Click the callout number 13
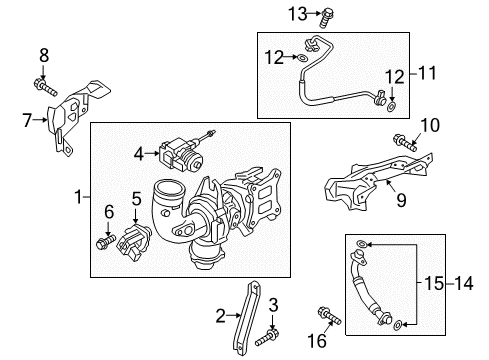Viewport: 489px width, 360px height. click(x=297, y=14)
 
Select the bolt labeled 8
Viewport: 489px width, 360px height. click(x=45, y=87)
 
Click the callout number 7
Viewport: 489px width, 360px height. click(x=27, y=120)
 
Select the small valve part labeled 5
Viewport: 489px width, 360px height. click(x=133, y=241)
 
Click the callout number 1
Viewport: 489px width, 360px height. click(x=78, y=197)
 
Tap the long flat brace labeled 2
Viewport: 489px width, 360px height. click(x=247, y=318)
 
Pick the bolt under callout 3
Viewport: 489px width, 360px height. click(x=267, y=337)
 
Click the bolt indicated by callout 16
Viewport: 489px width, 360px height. click(x=329, y=315)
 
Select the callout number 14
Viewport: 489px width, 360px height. click(x=464, y=284)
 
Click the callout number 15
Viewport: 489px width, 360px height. click(x=434, y=284)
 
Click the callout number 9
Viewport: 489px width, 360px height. click(x=401, y=200)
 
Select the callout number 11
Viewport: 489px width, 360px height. click(x=427, y=73)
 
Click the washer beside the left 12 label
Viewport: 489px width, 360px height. click(x=302, y=58)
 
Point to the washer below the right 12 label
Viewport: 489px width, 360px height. click(x=391, y=107)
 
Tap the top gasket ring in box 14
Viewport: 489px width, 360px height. click(x=362, y=244)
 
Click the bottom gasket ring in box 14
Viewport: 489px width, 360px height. click(x=398, y=325)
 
